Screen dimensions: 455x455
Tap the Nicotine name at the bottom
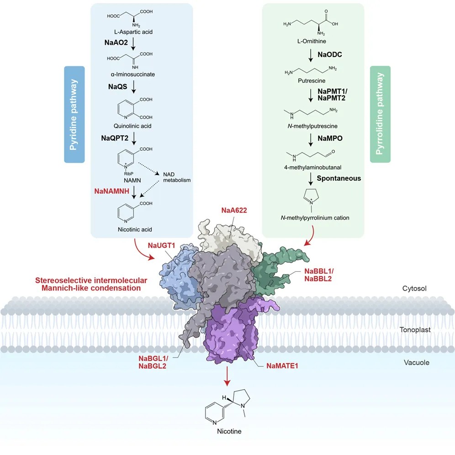pyautogui.click(x=229, y=431)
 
